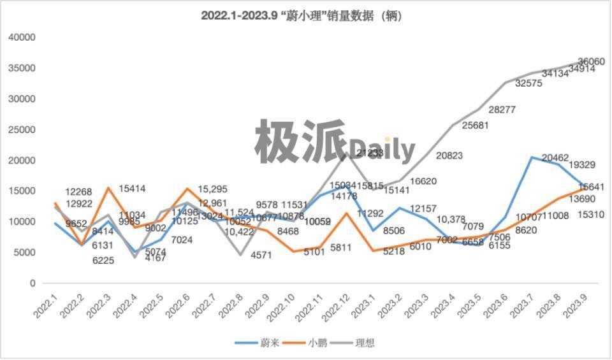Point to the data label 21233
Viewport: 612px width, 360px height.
click(x=370, y=153)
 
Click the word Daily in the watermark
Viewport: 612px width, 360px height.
click(x=381, y=149)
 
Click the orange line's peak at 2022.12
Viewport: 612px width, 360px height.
click(x=346, y=213)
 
